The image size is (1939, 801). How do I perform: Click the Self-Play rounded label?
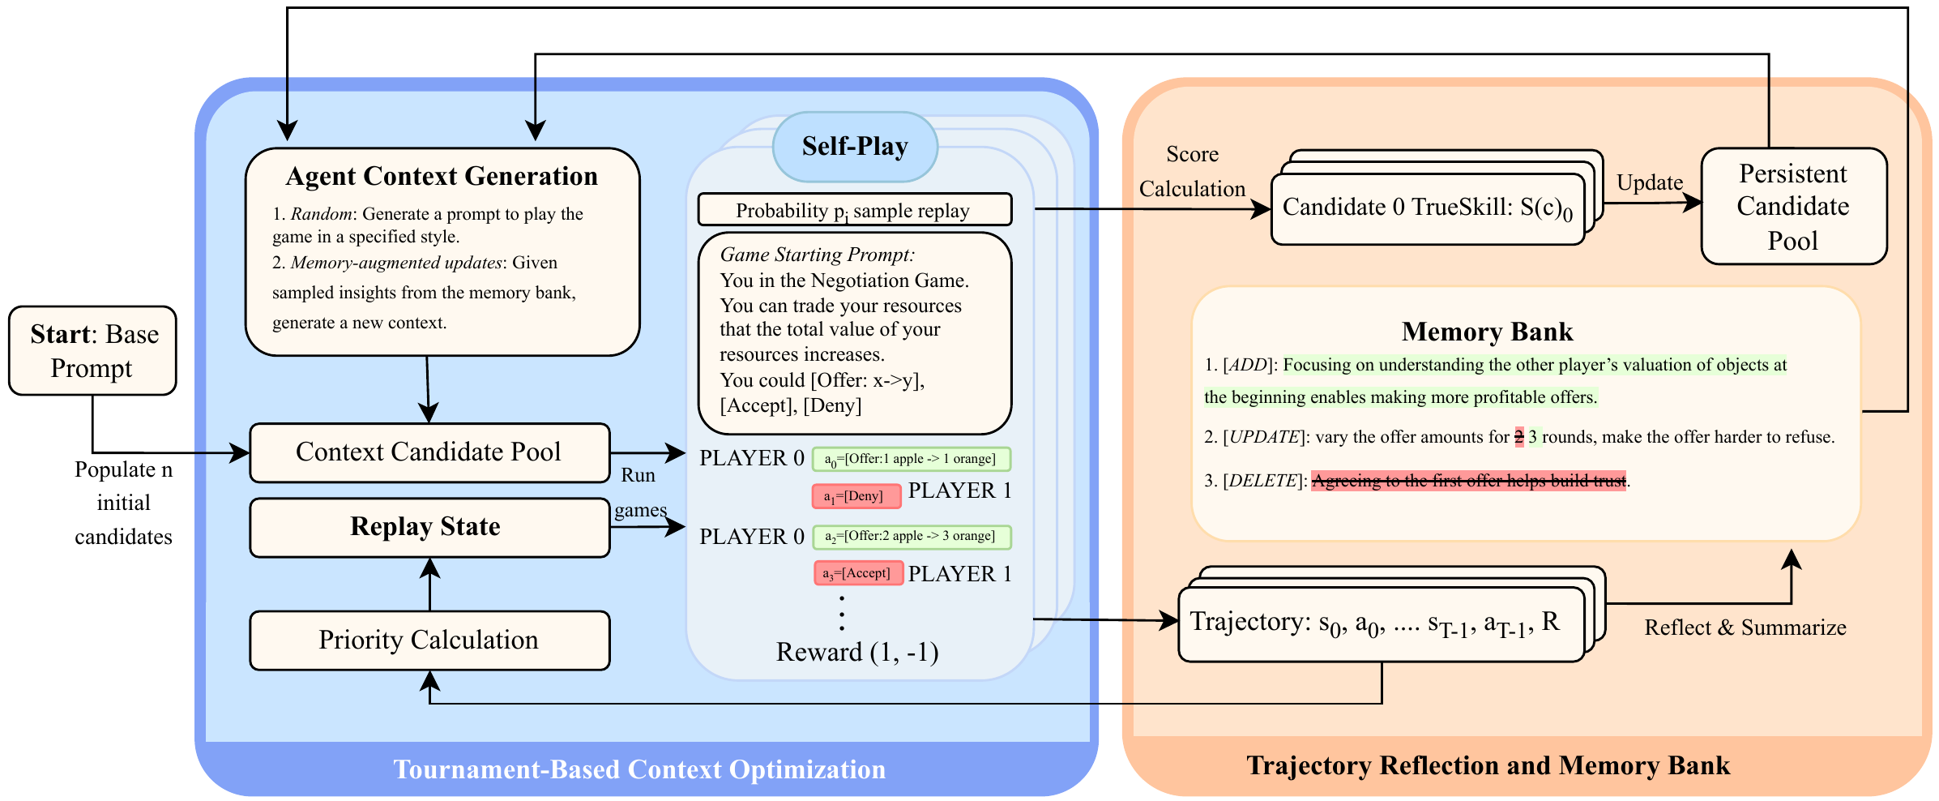(x=855, y=147)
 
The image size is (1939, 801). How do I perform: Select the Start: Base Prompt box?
(x=92, y=350)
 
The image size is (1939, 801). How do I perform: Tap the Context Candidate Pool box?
(x=429, y=452)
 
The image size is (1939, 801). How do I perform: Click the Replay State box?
(x=429, y=527)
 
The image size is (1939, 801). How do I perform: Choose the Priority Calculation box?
(x=429, y=640)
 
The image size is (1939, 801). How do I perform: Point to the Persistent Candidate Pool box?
(x=1793, y=207)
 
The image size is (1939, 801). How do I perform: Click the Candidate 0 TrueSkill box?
(x=1427, y=208)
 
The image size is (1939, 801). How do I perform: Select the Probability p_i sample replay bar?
(x=854, y=210)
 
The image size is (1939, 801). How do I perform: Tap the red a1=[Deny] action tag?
(x=856, y=496)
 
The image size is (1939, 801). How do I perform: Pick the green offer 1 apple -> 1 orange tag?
(x=911, y=459)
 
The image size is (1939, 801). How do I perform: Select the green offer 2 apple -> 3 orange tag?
(x=911, y=536)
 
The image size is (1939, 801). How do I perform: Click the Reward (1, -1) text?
(x=857, y=652)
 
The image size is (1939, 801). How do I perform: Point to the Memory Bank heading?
(x=1487, y=332)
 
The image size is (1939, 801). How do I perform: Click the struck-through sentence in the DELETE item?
(x=1468, y=481)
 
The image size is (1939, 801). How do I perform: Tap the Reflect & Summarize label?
(x=1745, y=628)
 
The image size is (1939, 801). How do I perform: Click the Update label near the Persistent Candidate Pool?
(x=1649, y=182)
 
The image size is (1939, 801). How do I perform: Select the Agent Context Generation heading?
(x=442, y=176)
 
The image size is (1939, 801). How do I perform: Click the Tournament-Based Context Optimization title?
(x=639, y=769)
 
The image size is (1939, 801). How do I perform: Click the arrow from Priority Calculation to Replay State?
(x=429, y=585)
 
